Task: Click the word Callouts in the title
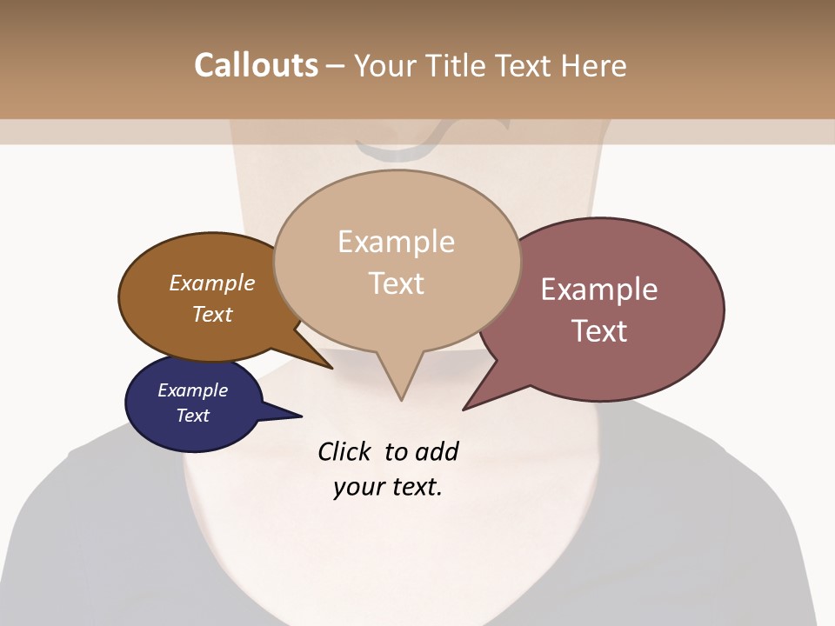point(256,65)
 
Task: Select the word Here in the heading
point(594,65)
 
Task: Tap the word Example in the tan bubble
point(396,242)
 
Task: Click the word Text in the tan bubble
point(396,283)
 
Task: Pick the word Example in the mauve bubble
point(599,290)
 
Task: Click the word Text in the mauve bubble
point(599,331)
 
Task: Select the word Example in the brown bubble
point(212,283)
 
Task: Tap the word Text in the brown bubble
point(212,314)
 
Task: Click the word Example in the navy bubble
point(192,390)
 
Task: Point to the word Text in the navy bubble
point(192,416)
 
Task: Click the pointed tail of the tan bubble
point(401,391)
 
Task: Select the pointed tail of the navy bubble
point(291,415)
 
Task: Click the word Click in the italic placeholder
point(347,451)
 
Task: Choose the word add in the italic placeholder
point(437,451)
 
